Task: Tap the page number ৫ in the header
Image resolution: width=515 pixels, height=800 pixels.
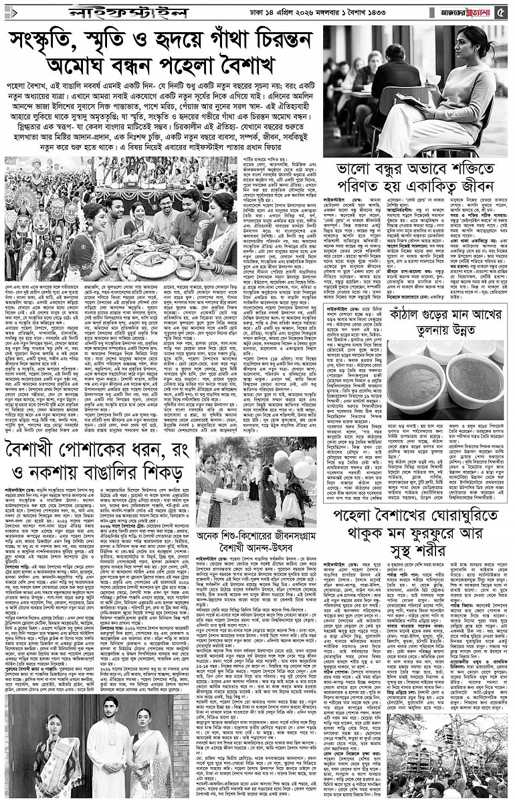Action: pos(506,13)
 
